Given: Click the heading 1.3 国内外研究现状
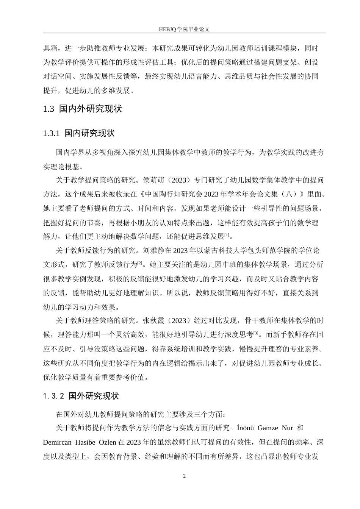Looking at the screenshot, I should click(x=83, y=109).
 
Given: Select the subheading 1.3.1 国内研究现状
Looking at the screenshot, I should click(x=79, y=133).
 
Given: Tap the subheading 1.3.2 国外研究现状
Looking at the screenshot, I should click(x=81, y=396).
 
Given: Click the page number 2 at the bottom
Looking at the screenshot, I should click(x=185, y=476).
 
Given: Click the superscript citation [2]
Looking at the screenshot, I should click(x=140, y=263).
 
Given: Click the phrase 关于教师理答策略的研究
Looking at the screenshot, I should click(x=95, y=321).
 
